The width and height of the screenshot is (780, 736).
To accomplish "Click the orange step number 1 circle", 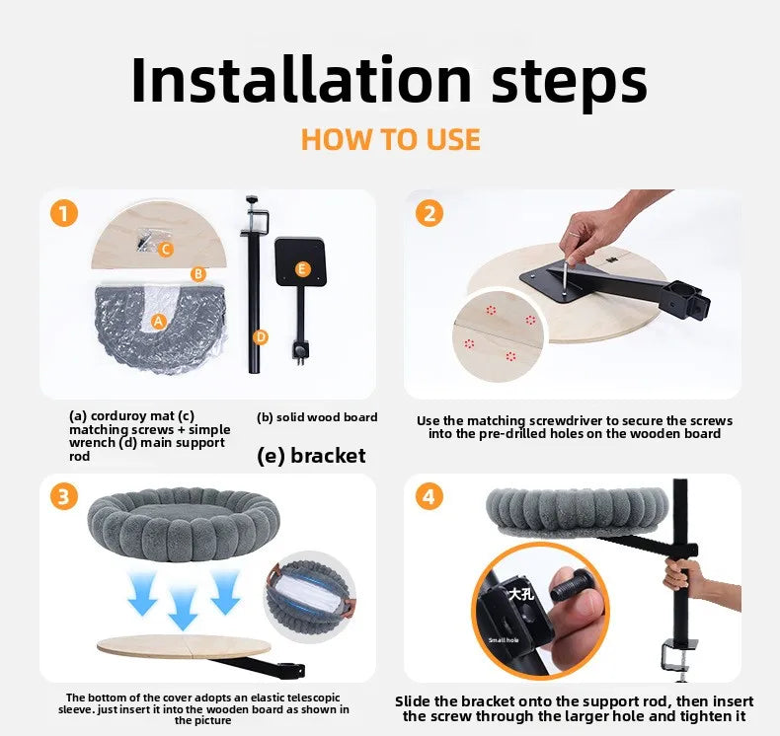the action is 63,213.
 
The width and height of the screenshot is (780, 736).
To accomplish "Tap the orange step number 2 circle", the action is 429,213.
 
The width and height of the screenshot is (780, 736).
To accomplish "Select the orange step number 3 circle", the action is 63,496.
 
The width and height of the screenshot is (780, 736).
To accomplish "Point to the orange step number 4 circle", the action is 429,496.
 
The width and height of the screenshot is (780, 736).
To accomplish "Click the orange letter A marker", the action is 158,322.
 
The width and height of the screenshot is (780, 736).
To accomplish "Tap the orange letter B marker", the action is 198,274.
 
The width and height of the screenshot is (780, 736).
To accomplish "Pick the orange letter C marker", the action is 166,249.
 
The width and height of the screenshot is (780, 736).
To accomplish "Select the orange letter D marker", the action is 261,337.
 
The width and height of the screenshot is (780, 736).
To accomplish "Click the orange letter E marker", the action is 302,269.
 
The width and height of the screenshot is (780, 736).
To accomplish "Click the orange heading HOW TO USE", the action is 391,139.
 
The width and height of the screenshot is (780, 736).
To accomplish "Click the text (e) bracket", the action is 311,456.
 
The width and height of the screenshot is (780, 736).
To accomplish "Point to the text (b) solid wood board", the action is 317,417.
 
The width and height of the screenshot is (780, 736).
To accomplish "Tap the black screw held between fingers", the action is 571,586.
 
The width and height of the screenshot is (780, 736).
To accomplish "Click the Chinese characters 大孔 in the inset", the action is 521,593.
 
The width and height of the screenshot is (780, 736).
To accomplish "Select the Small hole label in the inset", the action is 504,640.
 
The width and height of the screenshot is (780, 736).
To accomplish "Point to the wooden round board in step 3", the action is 184,645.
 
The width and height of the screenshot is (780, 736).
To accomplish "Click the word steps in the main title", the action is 570,85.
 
